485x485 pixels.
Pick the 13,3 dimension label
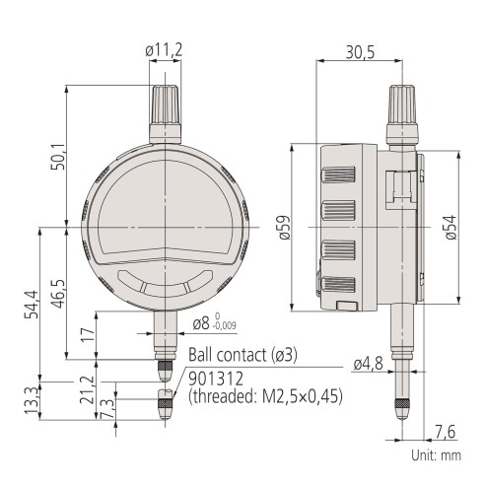pos(33,399)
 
